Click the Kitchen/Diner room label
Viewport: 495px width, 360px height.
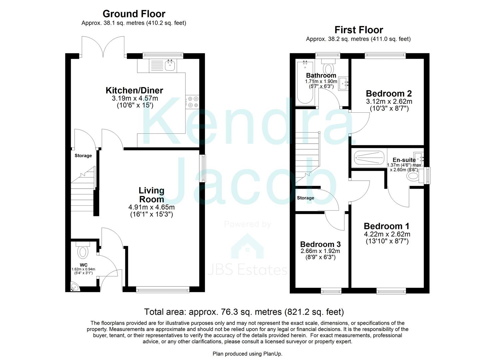[x=134, y=90]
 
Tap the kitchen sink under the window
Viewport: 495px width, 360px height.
[x=170, y=65]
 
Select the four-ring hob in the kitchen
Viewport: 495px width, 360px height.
[x=192, y=102]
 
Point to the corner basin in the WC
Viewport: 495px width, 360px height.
[x=74, y=287]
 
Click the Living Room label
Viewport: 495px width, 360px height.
[x=151, y=195]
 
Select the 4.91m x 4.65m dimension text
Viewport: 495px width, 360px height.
[x=151, y=207]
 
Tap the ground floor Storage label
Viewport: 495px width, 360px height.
[x=83, y=156]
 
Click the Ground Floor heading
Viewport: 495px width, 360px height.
[x=134, y=14]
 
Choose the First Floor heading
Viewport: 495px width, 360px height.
[x=359, y=30]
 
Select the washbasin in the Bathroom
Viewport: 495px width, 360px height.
[x=343, y=83]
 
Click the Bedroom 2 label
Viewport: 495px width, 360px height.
[x=389, y=93]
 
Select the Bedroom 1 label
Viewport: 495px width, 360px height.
[x=386, y=226]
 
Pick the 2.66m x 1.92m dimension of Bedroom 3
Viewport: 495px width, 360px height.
[x=320, y=251]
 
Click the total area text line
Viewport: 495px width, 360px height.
[x=244, y=312]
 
